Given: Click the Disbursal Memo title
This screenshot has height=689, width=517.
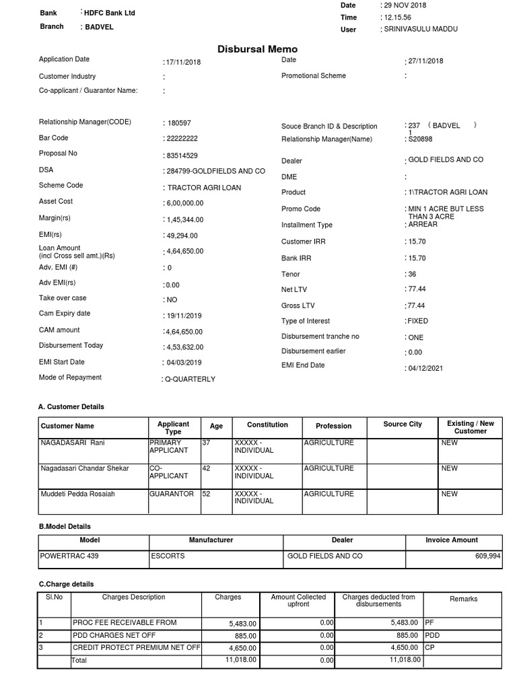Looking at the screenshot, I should point(257,49).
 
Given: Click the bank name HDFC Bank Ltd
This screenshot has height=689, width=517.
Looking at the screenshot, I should point(110,13).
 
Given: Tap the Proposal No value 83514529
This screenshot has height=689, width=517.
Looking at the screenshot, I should point(182,155).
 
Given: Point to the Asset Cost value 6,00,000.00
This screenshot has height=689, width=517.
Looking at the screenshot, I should point(184,203).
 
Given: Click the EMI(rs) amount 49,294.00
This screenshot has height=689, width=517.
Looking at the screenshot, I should point(181,235).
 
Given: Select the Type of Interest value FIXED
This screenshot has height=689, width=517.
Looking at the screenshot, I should point(417,321).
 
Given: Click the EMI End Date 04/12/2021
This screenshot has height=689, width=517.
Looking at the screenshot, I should point(425,368).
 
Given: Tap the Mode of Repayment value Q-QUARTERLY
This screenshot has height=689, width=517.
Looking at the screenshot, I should point(191,379).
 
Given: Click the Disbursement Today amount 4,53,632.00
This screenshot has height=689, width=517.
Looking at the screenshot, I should point(184,347).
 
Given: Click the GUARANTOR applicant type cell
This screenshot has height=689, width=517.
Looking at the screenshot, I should point(171,493).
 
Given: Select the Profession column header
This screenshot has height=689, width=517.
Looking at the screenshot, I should point(333,426).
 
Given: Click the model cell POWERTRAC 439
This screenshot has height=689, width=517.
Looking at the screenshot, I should point(69,556).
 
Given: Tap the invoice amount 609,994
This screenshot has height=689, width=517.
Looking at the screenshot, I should point(485,556).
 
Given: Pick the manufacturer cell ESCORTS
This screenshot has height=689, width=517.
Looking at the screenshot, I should point(168,556).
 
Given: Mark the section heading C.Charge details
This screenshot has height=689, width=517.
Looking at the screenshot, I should point(66,584).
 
